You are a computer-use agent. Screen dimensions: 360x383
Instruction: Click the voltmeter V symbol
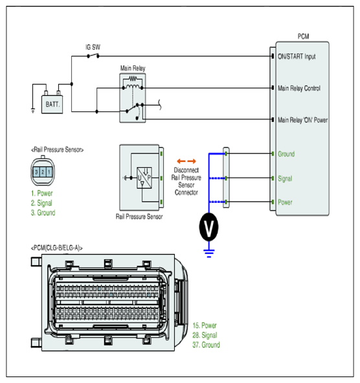point(208,227)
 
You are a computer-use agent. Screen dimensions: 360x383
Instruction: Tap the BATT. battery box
point(52,104)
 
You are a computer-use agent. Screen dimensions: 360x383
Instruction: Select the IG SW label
point(93,47)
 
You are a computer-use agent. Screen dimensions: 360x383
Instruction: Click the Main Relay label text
point(133,68)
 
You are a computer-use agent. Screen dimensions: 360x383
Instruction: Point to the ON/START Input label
point(297,56)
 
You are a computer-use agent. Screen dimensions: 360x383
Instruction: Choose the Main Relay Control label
point(299,88)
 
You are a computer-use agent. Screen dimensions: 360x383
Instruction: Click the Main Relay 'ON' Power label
point(302,120)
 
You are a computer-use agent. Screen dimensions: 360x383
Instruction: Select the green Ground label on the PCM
point(286,154)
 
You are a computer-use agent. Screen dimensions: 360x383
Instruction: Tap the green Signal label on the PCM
point(285,179)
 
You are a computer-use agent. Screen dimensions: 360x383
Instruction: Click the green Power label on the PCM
point(285,202)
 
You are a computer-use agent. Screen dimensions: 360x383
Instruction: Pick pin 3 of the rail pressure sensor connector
point(36,172)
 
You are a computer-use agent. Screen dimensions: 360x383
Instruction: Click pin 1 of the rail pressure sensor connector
point(49,172)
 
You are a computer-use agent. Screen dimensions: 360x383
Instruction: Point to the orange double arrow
point(186,161)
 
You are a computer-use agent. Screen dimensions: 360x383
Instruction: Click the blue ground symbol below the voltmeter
point(209,253)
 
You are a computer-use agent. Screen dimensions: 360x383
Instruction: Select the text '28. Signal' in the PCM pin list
point(205,336)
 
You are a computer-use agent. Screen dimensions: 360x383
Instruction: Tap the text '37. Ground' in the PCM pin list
point(206,345)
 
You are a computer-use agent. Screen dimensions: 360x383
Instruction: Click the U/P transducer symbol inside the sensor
point(144,178)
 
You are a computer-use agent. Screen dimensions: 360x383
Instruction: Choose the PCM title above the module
point(303,36)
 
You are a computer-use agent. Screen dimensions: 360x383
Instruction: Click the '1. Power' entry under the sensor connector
point(41,193)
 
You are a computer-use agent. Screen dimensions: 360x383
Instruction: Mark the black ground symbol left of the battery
point(33,110)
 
